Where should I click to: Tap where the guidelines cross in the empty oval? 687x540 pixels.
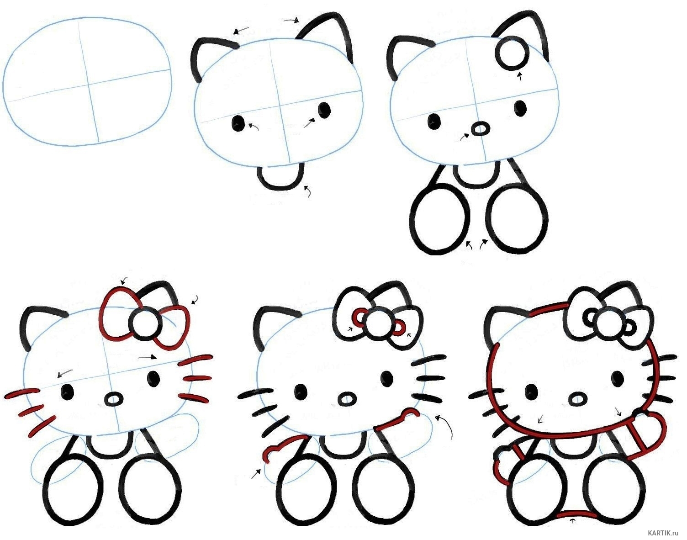[x=88, y=84]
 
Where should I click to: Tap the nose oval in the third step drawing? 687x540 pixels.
[x=481, y=129]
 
